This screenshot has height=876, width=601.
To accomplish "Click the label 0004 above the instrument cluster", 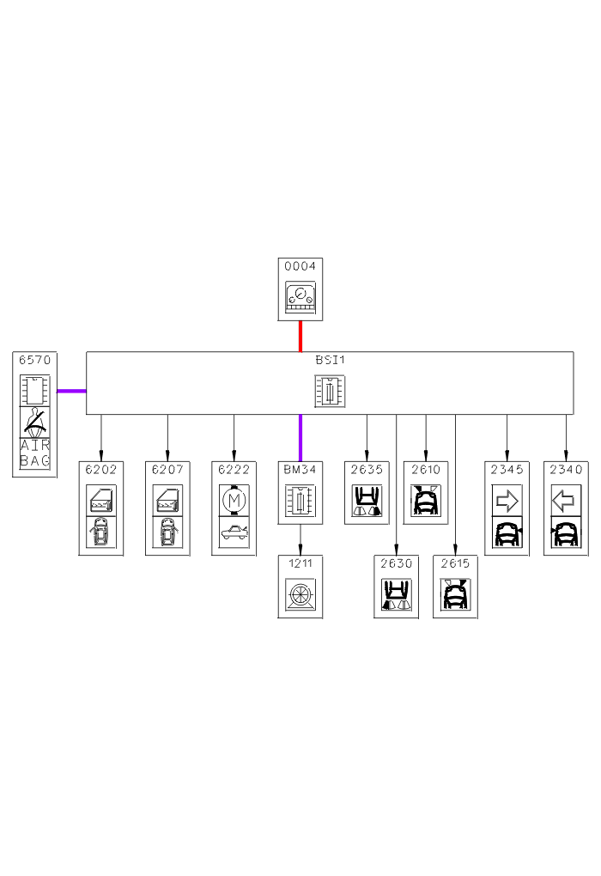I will [300, 267].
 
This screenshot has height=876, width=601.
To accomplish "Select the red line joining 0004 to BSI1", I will [300, 336].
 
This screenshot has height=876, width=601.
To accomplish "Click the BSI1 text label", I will [330, 360].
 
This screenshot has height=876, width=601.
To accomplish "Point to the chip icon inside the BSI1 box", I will [330, 392].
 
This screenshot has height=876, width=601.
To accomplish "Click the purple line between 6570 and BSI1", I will [71, 391].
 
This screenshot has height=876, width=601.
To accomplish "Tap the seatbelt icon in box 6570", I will [35, 421].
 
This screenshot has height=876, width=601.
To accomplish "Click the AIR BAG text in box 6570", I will [35, 453].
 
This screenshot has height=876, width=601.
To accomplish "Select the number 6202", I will [101, 470].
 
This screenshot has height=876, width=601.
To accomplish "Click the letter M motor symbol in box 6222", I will [234, 499].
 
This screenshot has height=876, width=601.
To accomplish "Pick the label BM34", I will [300, 470].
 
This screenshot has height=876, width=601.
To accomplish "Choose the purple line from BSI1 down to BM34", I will [300, 437].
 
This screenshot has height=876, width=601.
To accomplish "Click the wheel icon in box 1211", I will [300, 594].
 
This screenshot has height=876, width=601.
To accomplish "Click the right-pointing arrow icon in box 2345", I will [507, 499].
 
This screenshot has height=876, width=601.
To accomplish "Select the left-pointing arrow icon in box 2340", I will [566, 499].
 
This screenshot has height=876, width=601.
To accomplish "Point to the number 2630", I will [396, 564].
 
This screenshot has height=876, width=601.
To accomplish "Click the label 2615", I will [455, 564].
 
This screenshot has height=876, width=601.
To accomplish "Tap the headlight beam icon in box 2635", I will [367, 500].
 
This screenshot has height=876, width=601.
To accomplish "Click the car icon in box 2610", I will [426, 500].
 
